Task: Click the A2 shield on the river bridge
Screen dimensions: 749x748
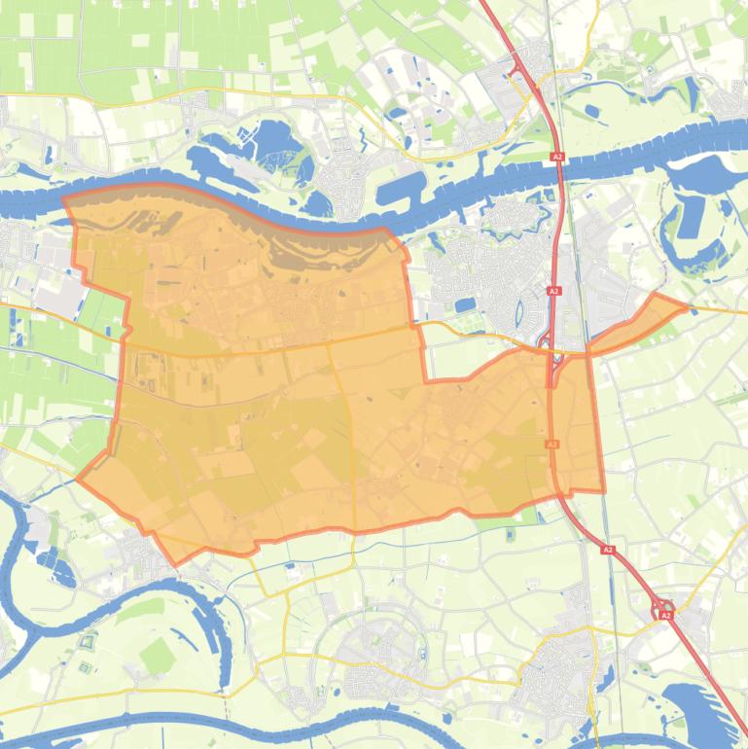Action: [x=557, y=156]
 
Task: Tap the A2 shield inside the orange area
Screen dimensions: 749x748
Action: [x=552, y=444]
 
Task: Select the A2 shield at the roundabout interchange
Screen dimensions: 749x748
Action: [x=665, y=615]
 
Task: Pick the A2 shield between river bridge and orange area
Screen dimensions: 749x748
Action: [x=553, y=291]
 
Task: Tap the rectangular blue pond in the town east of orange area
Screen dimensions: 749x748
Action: [x=466, y=305]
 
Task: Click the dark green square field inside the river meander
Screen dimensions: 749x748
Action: [x=156, y=658]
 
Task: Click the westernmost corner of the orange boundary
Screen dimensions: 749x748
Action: [x=77, y=478]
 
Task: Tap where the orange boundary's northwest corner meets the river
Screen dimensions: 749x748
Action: [x=64, y=200]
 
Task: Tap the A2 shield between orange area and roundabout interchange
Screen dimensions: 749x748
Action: [x=608, y=550]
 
